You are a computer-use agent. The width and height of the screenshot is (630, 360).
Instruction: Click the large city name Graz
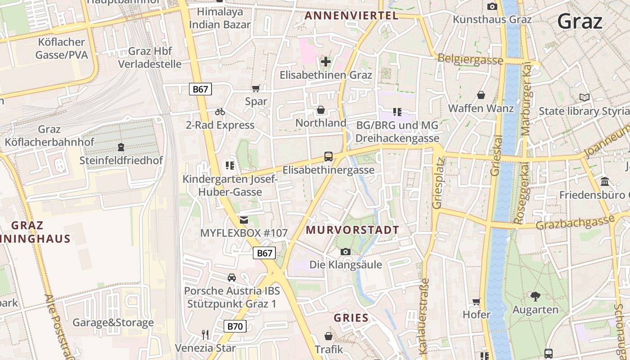[579, 21]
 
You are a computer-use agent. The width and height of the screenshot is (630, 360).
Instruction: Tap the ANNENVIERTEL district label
[351, 16]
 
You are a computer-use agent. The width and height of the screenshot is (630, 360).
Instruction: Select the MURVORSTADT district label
[352, 230]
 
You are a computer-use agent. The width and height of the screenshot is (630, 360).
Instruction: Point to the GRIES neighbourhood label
[351, 318]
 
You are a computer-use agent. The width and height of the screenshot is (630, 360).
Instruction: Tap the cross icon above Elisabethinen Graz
[326, 61]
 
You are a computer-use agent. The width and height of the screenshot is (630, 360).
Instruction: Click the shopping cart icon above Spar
[256, 89]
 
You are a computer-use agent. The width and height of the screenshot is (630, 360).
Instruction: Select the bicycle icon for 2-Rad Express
[220, 112]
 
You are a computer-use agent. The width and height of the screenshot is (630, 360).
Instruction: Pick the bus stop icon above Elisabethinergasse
[328, 157]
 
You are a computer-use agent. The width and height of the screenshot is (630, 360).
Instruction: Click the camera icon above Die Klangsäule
[346, 252]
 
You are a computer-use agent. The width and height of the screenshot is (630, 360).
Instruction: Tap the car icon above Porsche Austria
[231, 278]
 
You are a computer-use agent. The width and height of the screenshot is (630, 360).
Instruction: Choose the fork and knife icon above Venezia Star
[205, 335]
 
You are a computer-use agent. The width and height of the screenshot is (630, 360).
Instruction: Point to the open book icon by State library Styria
[585, 97]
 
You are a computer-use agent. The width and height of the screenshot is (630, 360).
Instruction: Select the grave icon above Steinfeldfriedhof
[121, 147]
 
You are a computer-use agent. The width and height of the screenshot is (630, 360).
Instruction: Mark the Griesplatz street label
[438, 183]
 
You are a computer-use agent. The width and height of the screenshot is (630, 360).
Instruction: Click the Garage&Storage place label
[113, 323]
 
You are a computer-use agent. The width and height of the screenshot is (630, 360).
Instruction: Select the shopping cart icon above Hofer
[477, 301]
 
